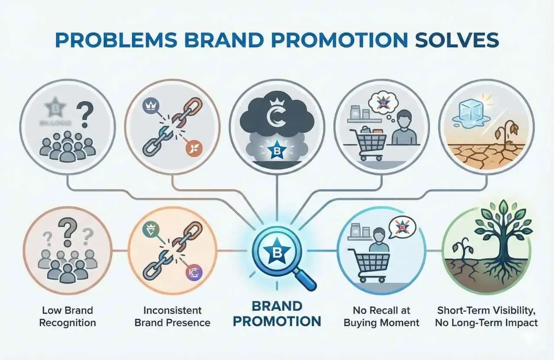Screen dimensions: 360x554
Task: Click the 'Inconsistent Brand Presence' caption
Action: pyautogui.click(x=173, y=316)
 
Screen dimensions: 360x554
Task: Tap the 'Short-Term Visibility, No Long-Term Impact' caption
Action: pyautogui.click(x=487, y=316)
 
